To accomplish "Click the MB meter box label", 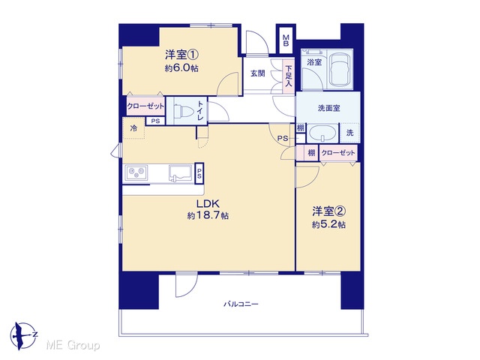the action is (286, 40).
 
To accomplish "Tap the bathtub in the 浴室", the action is (340, 69).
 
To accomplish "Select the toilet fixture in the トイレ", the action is (181, 110).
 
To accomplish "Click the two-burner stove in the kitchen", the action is (135, 173).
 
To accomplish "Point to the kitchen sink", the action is (180, 174).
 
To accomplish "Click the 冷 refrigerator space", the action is (133, 128).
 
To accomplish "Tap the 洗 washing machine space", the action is (349, 133).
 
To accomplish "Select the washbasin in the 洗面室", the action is (322, 133).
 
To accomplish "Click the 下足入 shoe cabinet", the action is (288, 76).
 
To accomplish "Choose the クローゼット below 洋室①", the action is (145, 106).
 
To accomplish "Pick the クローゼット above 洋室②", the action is (338, 153).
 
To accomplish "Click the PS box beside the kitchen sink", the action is (199, 173).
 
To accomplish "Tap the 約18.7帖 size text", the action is (208, 216).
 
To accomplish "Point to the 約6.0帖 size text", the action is (181, 68).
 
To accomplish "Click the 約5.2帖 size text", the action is (328, 225).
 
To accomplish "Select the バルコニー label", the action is (241, 304).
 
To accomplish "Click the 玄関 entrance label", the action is (258, 73).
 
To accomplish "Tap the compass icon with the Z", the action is (23, 336).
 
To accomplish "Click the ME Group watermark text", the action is (73, 346).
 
